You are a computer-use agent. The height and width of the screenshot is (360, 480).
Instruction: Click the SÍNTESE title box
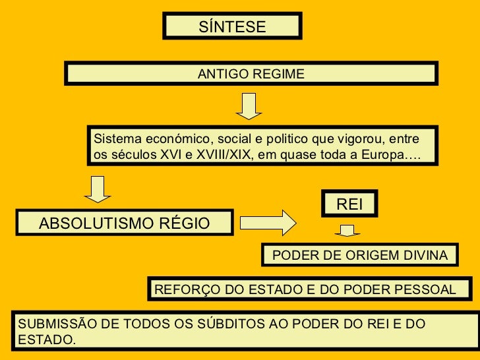tap(232, 27)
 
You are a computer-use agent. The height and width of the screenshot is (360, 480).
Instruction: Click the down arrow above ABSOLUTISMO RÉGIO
tap(98, 189)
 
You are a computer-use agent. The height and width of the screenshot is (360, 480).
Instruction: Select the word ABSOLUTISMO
tap(96, 224)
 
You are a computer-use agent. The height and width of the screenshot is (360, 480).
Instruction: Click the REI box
tap(349, 205)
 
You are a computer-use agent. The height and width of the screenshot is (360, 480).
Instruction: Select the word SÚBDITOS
tap(222, 324)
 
